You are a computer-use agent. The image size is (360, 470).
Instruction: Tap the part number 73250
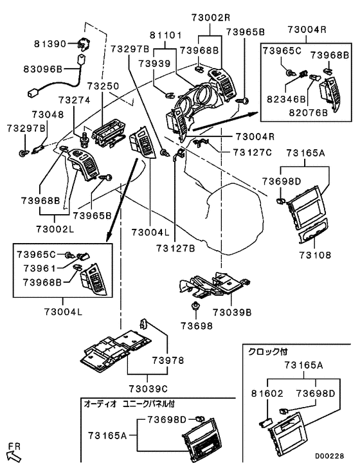[103, 86]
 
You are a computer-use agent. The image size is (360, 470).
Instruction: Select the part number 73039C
[148, 388]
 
